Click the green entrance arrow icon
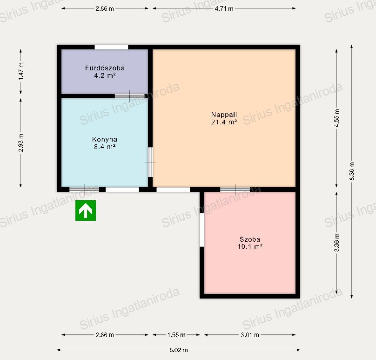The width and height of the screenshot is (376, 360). coord(86,211)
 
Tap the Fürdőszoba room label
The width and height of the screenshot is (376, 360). coord(105,68)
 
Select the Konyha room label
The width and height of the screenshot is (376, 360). coord(105,139)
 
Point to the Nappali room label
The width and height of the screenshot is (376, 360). coord(224,115)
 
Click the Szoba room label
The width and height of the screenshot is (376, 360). coord(250,239)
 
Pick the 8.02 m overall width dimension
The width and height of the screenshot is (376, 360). coord(179,350)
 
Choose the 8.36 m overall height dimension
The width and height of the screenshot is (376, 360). coord(351,171)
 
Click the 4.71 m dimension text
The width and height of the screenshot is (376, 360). coord(224,8)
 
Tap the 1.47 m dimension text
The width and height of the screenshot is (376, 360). coord(21,71)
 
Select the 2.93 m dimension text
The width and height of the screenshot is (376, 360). coord(21,143)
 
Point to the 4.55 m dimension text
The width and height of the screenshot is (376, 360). coord(336,118)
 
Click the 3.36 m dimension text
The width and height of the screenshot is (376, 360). coord(336,242)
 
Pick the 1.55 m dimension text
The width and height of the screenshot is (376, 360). coord(176,335)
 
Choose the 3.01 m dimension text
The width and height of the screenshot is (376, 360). coord(250,335)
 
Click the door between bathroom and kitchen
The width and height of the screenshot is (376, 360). coord(130,96)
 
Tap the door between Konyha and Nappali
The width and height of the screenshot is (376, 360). coord(150,162)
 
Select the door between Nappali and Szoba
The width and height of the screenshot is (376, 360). coord(235,190)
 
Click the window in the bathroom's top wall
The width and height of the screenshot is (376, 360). coord(111,47)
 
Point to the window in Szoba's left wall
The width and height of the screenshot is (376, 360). coord(202,230)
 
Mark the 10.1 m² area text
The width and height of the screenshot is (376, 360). coord(250,246)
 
